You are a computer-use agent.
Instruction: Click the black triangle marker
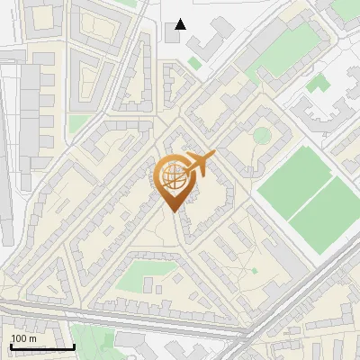(181, 24)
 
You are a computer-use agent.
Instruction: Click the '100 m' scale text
(23, 338)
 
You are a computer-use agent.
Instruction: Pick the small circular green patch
(261, 136)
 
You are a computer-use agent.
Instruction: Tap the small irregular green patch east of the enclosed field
(317, 84)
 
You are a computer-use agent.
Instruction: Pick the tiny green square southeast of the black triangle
(194, 63)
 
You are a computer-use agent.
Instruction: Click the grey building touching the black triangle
(173, 35)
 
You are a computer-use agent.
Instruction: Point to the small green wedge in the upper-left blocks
(79, 122)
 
